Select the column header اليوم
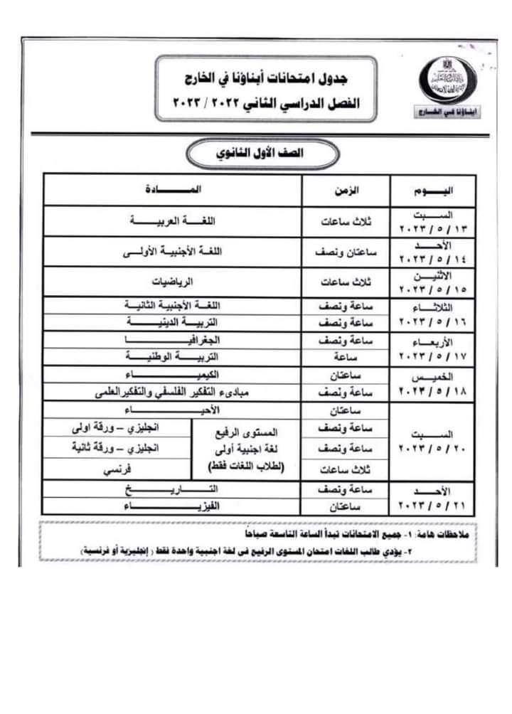[433, 191]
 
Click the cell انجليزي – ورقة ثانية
[117, 448]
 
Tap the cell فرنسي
[117, 469]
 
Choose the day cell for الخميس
[433, 383]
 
